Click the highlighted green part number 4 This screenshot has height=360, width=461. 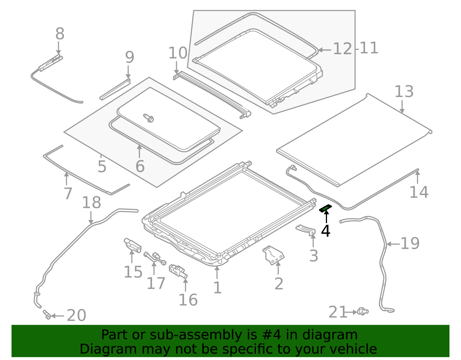point(326,208)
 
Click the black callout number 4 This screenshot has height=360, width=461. point(326,231)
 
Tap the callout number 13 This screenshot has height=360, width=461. point(404,92)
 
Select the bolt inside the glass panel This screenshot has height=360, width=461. point(149,118)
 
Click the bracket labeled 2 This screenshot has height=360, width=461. point(273,255)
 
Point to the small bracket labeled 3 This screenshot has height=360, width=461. point(306,230)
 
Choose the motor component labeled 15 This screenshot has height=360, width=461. point(132,245)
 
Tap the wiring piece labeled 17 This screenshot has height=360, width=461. point(155,258)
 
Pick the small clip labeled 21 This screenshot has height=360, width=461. point(362,311)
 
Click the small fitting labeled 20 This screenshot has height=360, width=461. point(47,315)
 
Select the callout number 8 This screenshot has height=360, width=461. point(60,34)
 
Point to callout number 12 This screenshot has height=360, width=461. point(342,49)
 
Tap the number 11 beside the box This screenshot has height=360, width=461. point(369,48)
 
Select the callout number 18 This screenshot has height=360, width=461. point(91,203)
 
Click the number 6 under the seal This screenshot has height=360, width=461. point(140,167)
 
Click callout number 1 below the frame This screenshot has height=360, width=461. point(217,288)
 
